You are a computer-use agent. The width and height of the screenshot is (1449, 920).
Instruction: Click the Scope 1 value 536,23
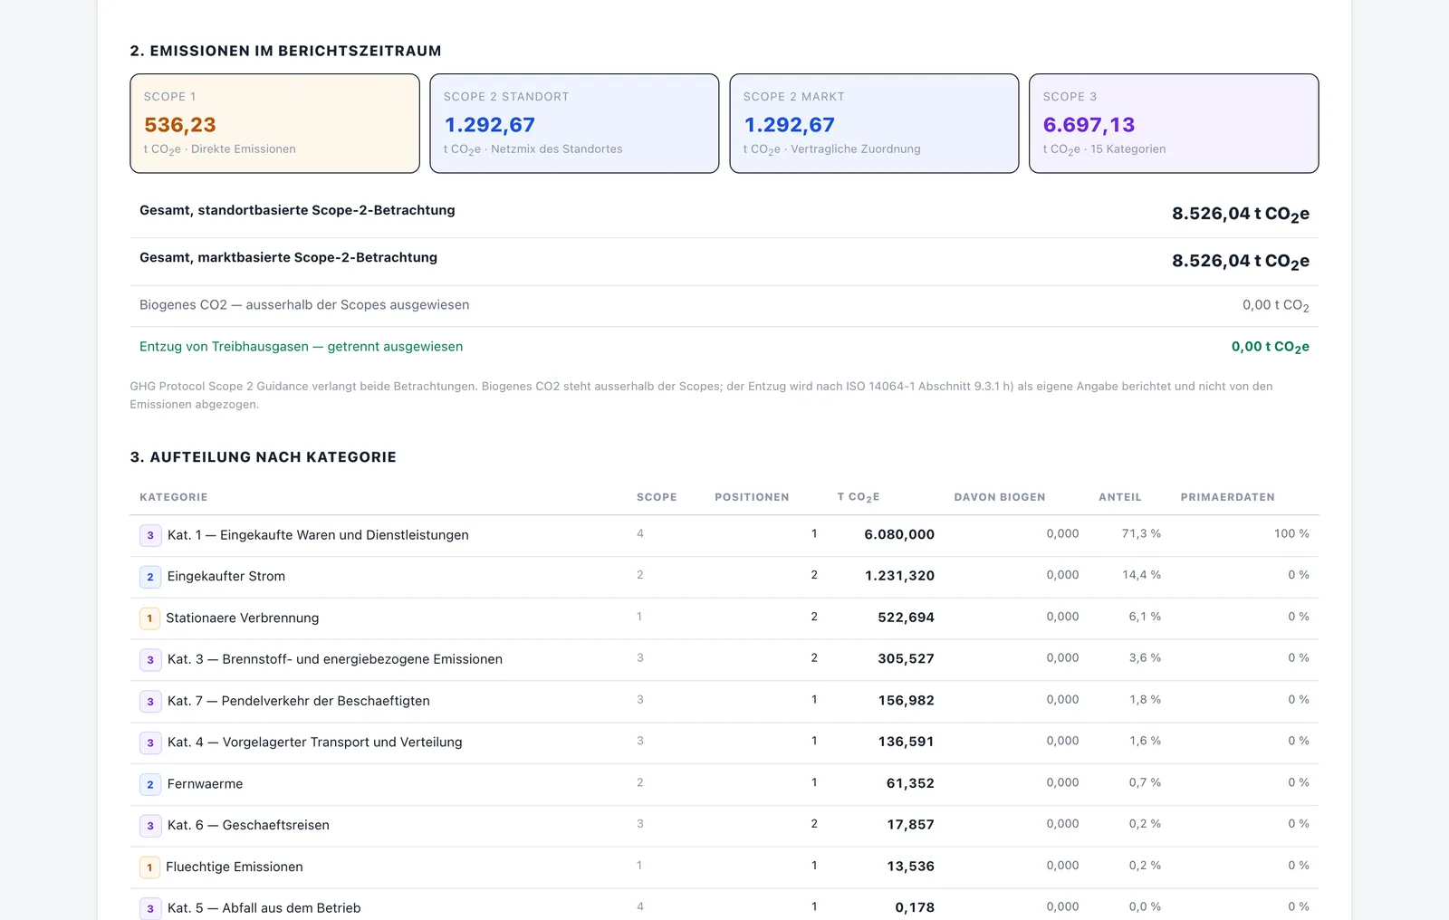180,124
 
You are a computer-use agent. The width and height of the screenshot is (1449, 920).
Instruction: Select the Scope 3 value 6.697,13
1089,124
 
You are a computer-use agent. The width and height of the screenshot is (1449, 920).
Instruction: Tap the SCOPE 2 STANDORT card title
506,96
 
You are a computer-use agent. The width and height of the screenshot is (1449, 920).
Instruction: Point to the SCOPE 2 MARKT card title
793,96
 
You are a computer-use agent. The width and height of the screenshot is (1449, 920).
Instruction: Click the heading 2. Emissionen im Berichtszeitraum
285,51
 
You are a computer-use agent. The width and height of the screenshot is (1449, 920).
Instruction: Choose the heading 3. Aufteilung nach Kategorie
263,456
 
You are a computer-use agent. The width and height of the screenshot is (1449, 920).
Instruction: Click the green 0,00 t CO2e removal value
1270,347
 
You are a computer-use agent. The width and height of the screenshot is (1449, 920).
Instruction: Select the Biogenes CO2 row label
304,305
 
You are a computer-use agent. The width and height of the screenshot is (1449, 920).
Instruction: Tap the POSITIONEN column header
752,497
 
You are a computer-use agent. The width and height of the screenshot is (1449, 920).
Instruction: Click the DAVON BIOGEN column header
1000,497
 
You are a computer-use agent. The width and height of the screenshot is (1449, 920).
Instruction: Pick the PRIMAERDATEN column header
1227,497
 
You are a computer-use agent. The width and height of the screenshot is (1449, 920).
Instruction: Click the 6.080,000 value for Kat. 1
899,534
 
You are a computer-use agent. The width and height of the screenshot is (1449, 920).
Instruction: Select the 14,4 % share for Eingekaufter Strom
1141,575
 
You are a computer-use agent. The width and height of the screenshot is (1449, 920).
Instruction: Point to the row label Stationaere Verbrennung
242,618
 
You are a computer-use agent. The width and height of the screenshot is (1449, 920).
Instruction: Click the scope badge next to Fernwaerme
150,784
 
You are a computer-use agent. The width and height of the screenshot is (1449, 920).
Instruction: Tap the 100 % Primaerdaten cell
1291,533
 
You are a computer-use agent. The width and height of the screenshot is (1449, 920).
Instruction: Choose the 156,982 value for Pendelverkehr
906,700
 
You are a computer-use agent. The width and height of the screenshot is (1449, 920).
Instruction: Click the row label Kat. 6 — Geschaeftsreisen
248,825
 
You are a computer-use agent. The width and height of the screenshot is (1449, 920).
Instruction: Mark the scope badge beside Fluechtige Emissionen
149,867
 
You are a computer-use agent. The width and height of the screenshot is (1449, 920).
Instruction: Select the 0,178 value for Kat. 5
915,907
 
